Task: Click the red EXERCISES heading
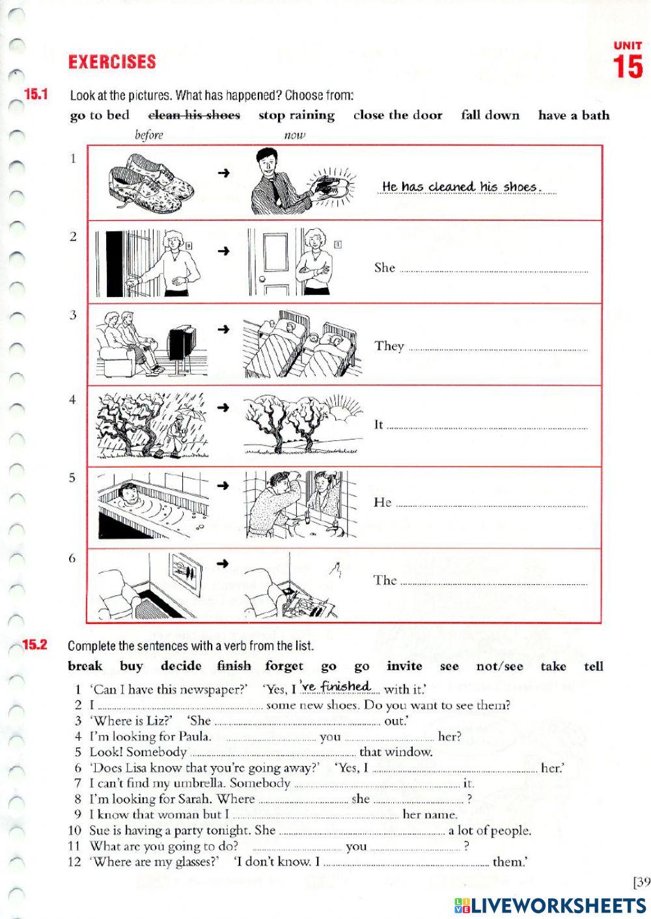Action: point(112,62)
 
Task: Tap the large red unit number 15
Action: point(628,68)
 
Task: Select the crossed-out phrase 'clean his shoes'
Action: point(194,115)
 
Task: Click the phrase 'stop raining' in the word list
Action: point(296,115)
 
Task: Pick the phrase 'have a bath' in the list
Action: point(574,115)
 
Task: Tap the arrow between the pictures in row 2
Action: point(224,251)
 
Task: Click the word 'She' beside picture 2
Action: point(385,268)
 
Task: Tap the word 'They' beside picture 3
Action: point(389,346)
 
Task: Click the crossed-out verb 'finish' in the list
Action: point(234,666)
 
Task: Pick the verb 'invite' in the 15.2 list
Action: point(404,666)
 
